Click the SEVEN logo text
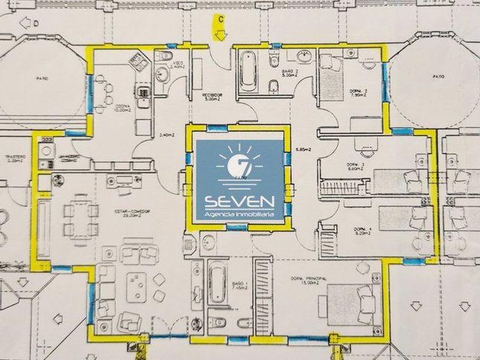click(240, 201)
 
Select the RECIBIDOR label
click(211, 95)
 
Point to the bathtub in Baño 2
click(247, 71)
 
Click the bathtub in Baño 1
click(217, 284)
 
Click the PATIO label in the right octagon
click(438, 76)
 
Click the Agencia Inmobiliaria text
click(240, 215)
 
